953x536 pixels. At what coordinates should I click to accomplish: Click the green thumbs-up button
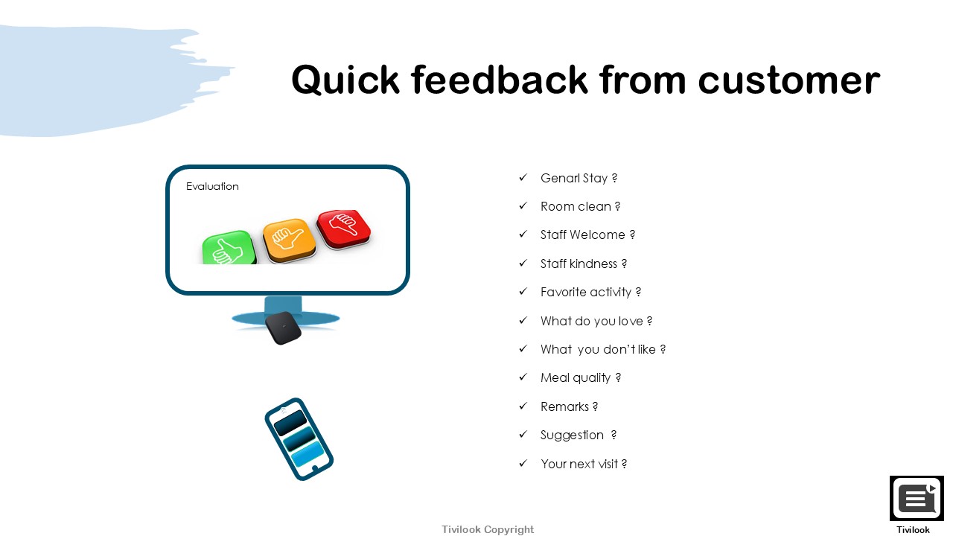(229, 249)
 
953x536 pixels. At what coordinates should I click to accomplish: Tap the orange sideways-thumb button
(290, 240)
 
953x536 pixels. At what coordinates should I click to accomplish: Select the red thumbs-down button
(344, 229)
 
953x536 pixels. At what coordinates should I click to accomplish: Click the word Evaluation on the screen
(212, 186)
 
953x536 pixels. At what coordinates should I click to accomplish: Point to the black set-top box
(284, 328)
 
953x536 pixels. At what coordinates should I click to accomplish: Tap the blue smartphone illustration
(299, 439)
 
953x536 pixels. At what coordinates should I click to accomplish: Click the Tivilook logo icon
(917, 498)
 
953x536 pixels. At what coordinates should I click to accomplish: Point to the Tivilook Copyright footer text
(488, 529)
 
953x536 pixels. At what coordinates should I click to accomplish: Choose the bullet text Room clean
(576, 206)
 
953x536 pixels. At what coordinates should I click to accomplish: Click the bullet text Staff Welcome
(582, 234)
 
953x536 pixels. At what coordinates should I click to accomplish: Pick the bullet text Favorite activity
(586, 293)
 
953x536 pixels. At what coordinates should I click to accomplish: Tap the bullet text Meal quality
(576, 377)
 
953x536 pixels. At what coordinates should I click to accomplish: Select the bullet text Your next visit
(579, 464)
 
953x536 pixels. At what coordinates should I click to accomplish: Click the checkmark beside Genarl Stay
(523, 177)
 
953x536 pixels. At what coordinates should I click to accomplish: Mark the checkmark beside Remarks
(523, 406)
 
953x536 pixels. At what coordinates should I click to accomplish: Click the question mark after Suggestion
(613, 435)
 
